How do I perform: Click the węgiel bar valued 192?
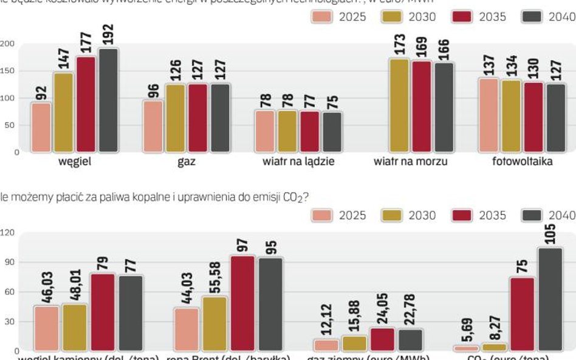108,100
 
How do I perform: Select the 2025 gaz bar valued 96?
153,126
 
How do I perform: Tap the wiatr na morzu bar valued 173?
399,105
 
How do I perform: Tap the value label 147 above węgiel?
64,59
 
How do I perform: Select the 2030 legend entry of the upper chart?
409,16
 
